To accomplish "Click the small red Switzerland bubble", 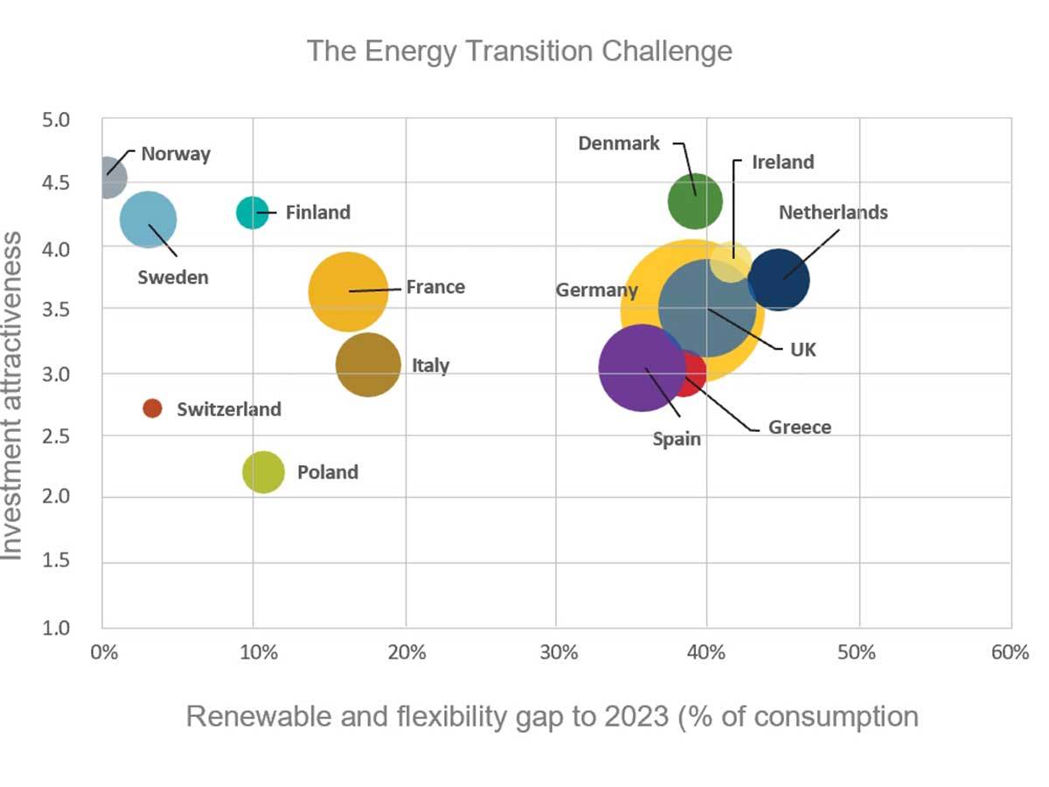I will [152, 408].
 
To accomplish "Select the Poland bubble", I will [263, 472].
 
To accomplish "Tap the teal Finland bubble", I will [252, 212].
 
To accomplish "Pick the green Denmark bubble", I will [695, 201].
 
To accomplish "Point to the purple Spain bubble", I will [643, 368].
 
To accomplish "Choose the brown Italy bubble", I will [368, 365].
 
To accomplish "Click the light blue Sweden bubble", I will [148, 219].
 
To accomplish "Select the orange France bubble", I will [348, 291].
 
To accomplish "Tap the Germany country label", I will [597, 290].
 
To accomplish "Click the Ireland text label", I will [782, 162].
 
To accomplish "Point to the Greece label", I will [799, 428].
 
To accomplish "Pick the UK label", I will [802, 350].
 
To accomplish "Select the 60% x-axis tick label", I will [1011, 652].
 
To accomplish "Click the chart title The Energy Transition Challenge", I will [519, 51].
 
